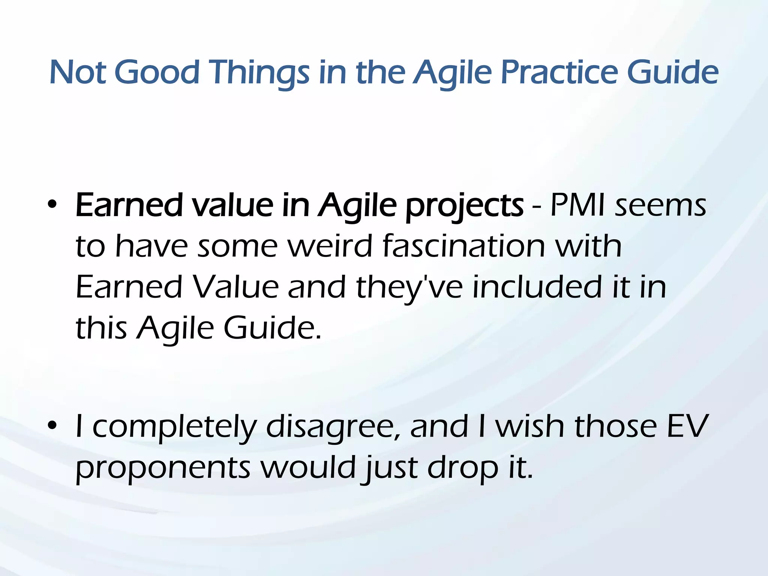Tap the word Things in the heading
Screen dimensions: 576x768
(x=259, y=72)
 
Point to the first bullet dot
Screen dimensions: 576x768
(x=52, y=205)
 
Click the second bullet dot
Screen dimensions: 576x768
(x=52, y=426)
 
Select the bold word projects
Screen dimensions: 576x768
(x=464, y=206)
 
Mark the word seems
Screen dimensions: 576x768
(x=660, y=206)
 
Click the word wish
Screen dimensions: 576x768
(x=530, y=426)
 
